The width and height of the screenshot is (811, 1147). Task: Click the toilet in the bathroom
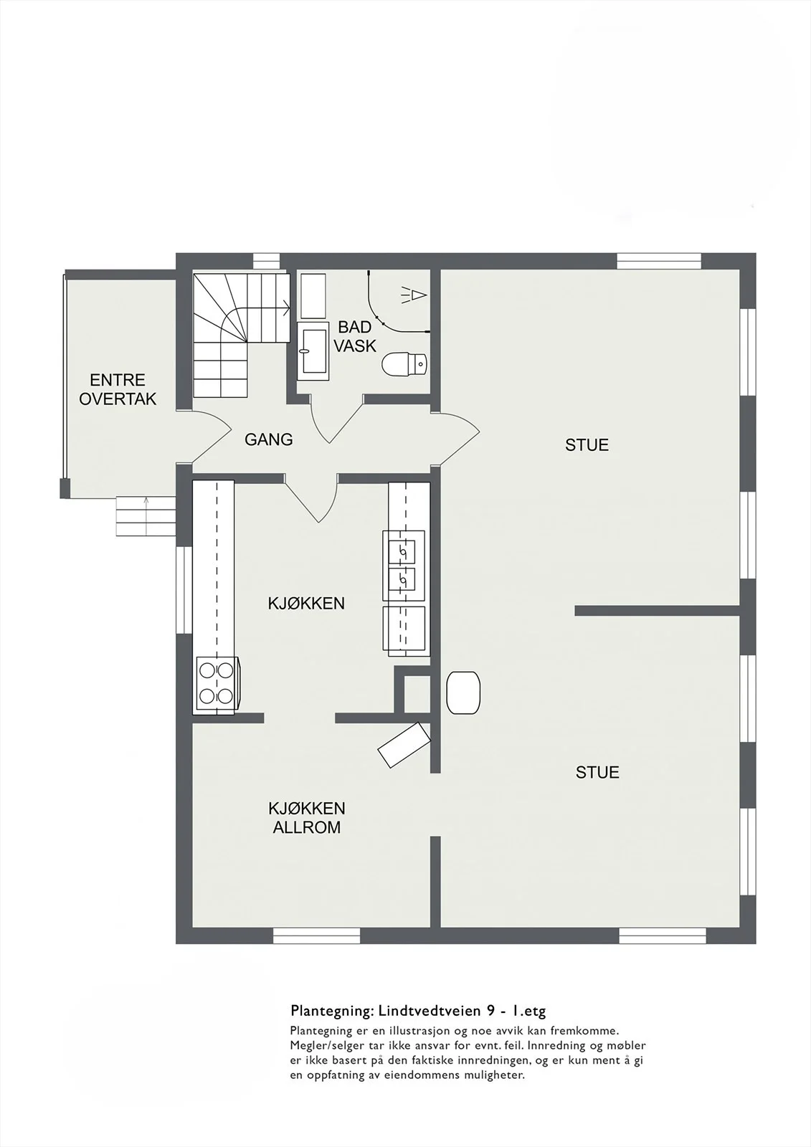coord(404,364)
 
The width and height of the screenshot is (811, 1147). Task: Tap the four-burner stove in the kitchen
coord(217,684)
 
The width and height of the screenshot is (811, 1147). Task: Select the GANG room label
coord(268,439)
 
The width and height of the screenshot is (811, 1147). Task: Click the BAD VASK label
coord(355,336)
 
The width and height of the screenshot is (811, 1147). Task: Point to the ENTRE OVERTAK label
coord(118,389)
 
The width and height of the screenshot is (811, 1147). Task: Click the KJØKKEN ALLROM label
coord(306,817)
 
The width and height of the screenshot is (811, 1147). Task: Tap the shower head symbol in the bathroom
coord(414,295)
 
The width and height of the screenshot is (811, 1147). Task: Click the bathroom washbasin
coord(313,351)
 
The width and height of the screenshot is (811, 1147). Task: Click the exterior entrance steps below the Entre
coord(146,516)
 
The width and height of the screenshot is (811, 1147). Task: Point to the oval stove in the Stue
coord(463,693)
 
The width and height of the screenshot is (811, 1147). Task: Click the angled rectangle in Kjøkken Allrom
coord(404,745)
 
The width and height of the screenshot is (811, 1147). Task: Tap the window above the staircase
coord(267,261)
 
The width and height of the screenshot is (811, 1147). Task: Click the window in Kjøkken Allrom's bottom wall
coord(317,936)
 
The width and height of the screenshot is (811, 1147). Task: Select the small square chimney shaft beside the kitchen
coord(417,695)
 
